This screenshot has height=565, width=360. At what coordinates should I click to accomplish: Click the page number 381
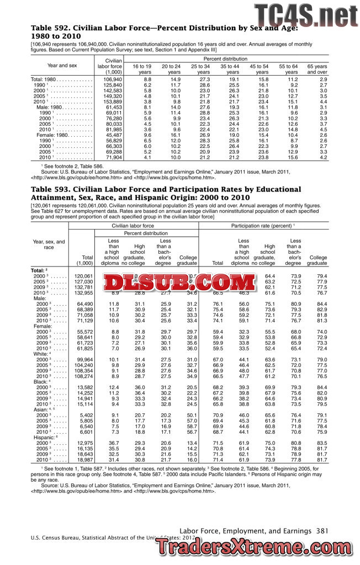323,530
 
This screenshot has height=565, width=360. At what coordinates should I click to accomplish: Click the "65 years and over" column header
317,69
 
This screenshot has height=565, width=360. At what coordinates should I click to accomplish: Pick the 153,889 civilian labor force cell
113,102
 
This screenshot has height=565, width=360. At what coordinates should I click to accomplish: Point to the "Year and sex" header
62,65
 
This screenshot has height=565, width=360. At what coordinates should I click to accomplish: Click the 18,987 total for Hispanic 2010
83,459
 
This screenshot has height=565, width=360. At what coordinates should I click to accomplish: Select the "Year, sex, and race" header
49,244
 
